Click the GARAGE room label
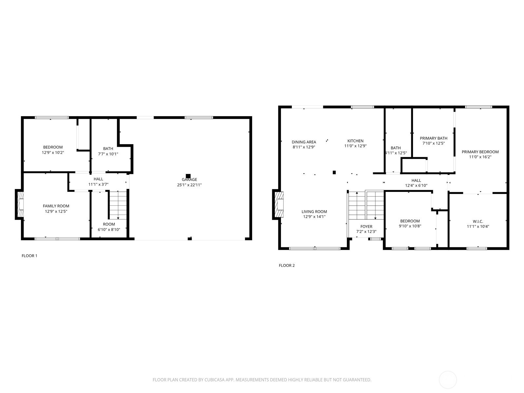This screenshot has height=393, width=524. [189, 179]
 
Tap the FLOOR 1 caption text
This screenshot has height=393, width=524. [29, 256]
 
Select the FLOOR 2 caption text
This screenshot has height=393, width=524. [287, 266]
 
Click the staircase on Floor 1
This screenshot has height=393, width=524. [118, 205]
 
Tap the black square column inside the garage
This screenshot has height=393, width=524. [188, 176]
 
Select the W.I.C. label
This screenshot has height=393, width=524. [478, 221]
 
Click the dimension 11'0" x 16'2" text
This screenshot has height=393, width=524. [480, 157]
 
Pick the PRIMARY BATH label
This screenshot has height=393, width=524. [434, 138]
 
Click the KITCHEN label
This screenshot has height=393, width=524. [355, 141]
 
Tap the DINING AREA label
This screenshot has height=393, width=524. [304, 142]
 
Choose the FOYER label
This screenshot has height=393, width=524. [366, 227]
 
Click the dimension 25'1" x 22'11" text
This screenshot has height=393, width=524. [189, 185]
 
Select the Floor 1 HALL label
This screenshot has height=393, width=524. [98, 179]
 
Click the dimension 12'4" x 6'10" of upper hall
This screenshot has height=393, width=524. [416, 185]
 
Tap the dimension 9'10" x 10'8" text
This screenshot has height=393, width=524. [410, 226]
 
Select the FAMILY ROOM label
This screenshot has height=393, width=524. [56, 206]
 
